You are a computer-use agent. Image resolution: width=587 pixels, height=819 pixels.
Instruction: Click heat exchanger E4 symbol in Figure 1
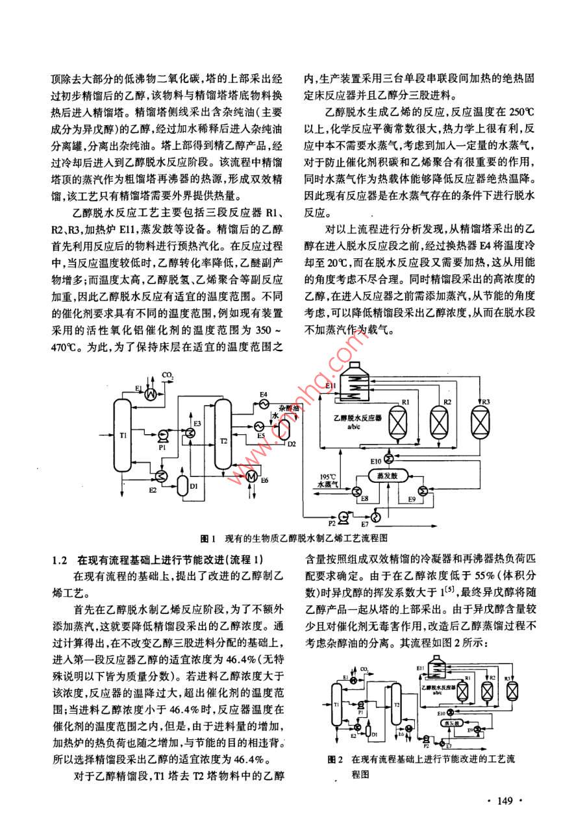pos(262,404)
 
